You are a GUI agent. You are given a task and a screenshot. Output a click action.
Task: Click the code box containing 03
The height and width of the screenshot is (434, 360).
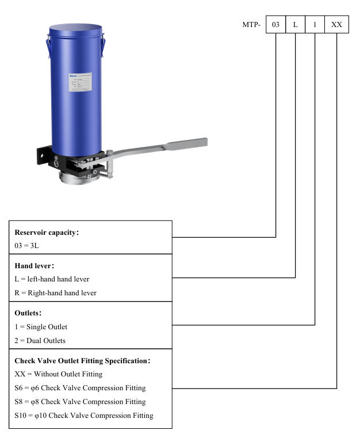275,25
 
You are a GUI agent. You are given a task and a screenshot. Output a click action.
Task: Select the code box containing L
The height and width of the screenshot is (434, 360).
295,25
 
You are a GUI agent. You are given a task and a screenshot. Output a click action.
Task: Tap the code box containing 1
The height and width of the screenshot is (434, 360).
315,25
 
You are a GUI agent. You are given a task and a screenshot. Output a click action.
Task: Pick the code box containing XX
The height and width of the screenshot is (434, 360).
336,25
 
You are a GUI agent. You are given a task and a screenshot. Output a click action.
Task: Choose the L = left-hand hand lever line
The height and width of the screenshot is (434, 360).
52,279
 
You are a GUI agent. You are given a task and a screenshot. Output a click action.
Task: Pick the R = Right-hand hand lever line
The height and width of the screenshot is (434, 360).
55,293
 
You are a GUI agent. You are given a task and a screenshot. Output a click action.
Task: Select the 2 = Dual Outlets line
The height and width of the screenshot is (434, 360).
40,340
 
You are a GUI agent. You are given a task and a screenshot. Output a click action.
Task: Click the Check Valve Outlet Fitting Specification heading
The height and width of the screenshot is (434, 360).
82,361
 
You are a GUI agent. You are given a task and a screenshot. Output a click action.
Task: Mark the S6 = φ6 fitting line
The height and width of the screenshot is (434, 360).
80,388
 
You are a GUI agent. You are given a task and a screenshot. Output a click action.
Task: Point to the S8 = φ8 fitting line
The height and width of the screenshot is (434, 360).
80,402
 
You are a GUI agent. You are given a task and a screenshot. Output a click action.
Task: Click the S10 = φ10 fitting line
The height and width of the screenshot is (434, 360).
84,416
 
